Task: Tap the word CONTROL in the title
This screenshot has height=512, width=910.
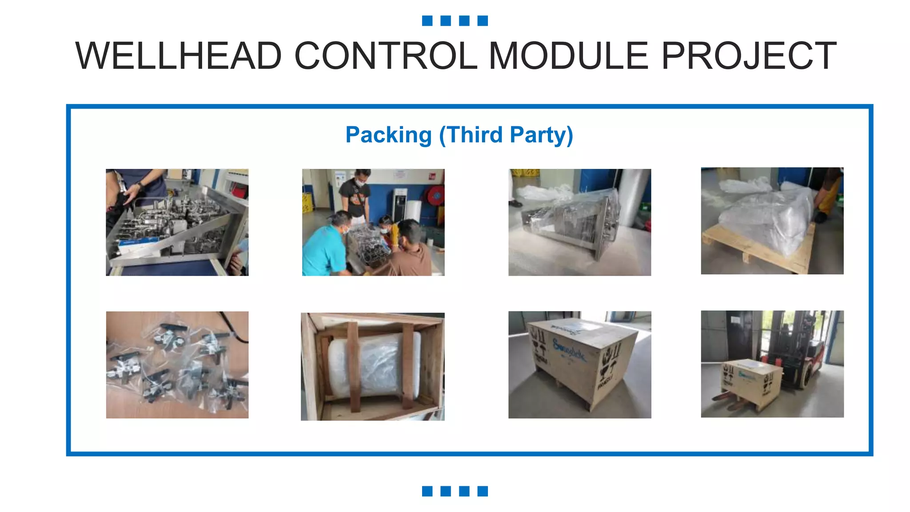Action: click(x=385, y=56)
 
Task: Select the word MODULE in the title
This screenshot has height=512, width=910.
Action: click(x=569, y=56)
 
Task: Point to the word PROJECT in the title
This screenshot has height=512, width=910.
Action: click(x=749, y=56)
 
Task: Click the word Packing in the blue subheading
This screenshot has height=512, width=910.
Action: click(x=388, y=135)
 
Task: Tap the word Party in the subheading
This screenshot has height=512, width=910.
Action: click(x=541, y=135)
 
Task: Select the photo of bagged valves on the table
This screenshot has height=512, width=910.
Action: click(x=177, y=364)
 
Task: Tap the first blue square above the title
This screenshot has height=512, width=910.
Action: click(x=427, y=21)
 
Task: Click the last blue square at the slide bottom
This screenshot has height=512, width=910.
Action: click(x=483, y=491)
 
